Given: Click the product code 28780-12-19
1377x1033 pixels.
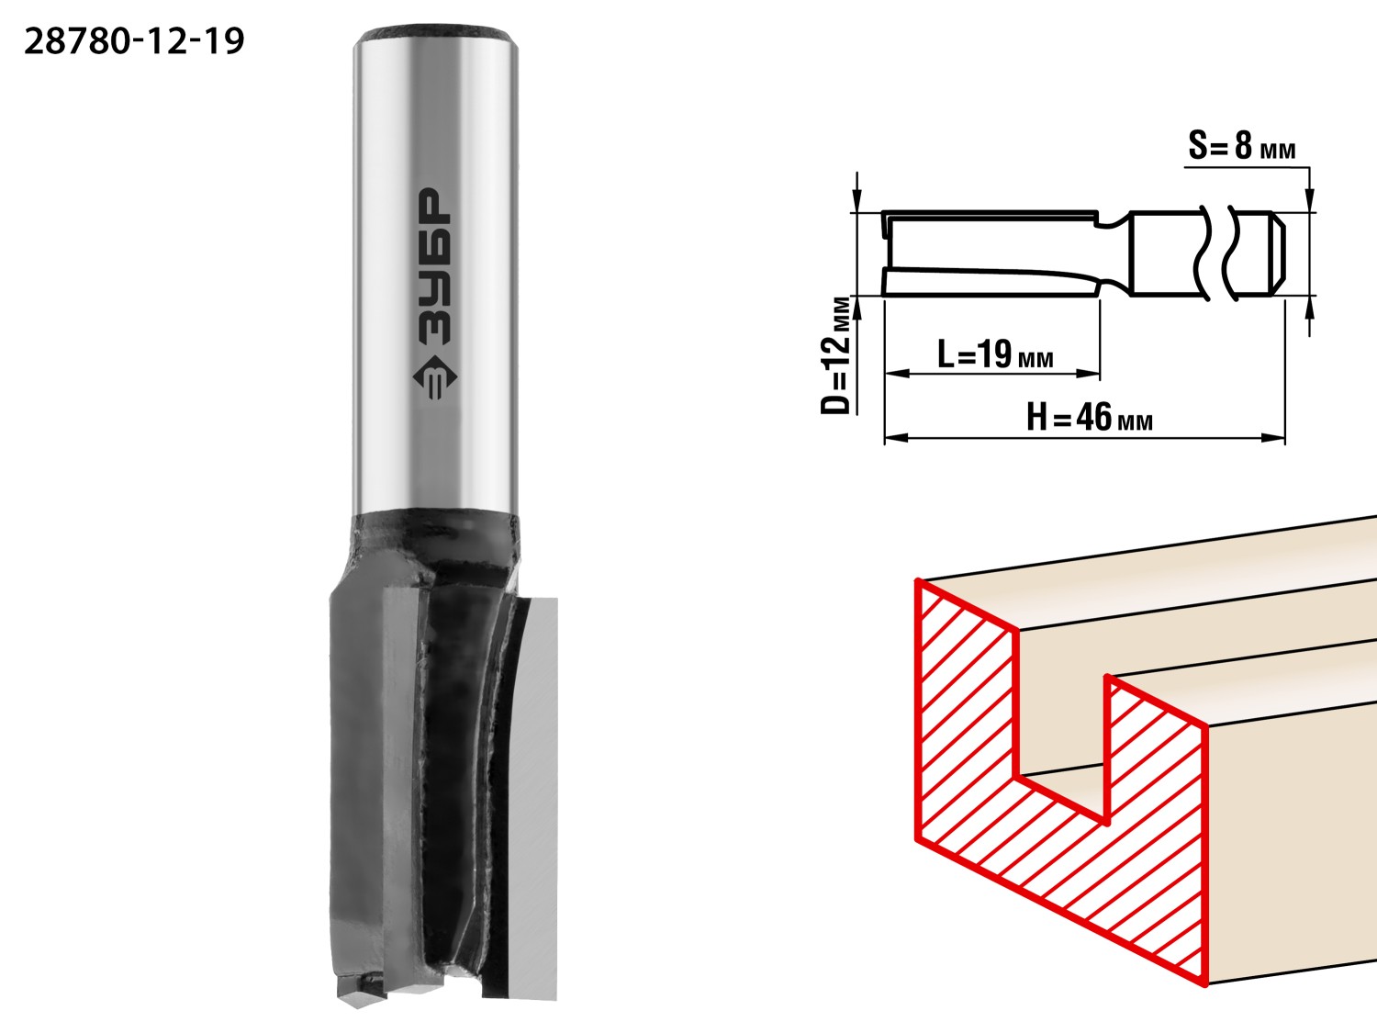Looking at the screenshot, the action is pyautogui.click(x=134, y=42).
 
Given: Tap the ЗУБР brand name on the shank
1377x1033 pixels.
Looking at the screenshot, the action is pyautogui.click(x=434, y=266).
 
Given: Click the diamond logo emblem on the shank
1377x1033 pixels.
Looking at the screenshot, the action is pyautogui.click(x=435, y=377).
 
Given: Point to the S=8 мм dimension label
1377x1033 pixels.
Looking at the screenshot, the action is pyautogui.click(x=1241, y=146).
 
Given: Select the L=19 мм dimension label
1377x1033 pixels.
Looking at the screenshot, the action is pyautogui.click(x=995, y=354).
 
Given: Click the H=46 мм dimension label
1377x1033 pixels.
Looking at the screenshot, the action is pyautogui.click(x=1089, y=417).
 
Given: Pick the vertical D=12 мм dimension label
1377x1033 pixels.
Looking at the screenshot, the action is pyautogui.click(x=835, y=355).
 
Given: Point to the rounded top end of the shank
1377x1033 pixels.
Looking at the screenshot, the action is pyautogui.click(x=435, y=33).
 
